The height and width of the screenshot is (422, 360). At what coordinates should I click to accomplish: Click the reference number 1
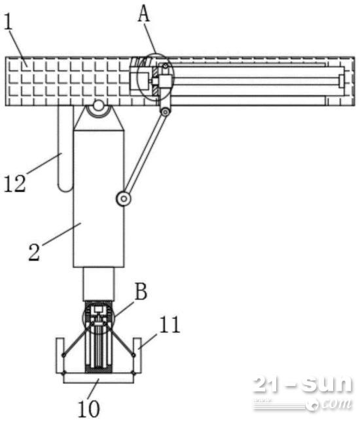9,24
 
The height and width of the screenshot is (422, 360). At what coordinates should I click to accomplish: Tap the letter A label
144,14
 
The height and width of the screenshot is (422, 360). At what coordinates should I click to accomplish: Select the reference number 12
15,184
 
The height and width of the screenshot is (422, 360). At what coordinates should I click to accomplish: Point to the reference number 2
34,252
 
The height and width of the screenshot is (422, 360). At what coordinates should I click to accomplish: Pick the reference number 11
170,324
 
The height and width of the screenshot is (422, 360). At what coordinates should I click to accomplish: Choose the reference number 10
89,408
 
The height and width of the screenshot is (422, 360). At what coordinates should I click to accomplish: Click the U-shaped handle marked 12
65,149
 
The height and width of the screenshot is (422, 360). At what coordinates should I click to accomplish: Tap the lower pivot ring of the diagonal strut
124,199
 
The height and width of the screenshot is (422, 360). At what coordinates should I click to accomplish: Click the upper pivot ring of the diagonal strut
166,111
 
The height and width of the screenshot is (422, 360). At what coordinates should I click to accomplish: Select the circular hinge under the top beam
99,106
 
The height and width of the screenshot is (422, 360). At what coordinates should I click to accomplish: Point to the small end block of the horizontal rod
342,81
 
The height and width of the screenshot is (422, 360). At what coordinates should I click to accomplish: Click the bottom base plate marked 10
98,378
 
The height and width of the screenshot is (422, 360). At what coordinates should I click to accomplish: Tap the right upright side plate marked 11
137,356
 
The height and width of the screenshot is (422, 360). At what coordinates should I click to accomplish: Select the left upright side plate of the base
60,356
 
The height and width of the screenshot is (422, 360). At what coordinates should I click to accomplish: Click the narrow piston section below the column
99,284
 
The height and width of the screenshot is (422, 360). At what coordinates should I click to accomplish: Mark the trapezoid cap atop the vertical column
99,118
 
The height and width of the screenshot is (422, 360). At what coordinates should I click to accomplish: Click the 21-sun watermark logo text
303,384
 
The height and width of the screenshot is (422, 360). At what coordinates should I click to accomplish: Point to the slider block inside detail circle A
165,82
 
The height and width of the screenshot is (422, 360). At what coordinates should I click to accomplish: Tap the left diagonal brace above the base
77,338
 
